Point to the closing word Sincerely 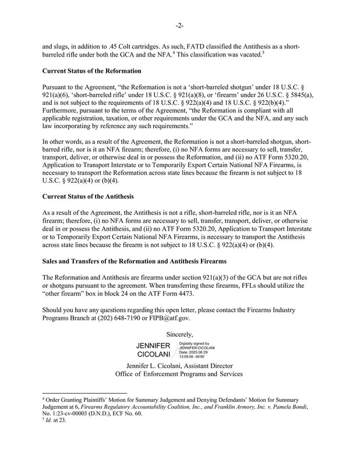[x=180, y=335]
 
